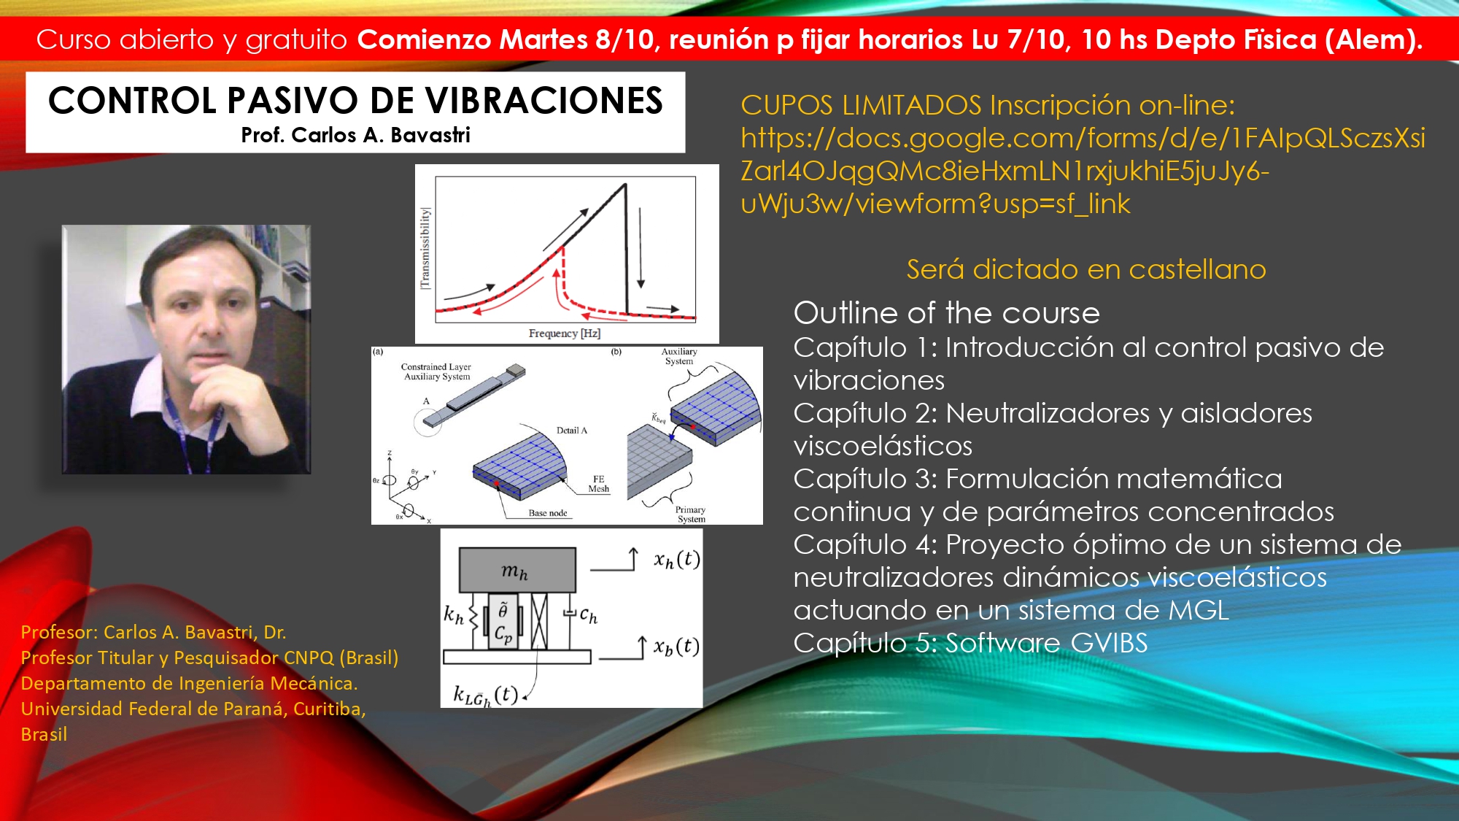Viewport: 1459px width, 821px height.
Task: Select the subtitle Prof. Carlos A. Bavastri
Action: coord(355,135)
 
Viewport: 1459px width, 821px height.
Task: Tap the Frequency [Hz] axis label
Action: coord(565,334)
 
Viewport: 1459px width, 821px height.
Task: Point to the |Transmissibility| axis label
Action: coord(425,248)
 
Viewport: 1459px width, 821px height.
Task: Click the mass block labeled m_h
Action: coord(517,570)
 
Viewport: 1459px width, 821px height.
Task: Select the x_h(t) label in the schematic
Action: coord(677,560)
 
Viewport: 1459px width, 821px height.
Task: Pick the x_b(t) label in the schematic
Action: coord(676,647)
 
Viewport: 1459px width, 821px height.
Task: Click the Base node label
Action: coord(548,513)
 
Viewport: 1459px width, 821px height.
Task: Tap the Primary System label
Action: coord(690,514)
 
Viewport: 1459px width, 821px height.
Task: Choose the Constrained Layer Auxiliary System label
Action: coord(436,371)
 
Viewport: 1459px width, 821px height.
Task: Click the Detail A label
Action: coord(572,431)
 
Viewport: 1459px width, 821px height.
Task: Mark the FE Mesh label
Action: coord(599,484)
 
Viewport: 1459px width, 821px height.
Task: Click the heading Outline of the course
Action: coord(946,313)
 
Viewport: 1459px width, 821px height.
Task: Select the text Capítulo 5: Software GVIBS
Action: coord(970,643)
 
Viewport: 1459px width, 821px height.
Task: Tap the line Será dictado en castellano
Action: coord(1086,269)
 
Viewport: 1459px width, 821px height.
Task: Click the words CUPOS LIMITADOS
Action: coord(861,106)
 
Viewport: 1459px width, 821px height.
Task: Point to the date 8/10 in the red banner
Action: coord(624,39)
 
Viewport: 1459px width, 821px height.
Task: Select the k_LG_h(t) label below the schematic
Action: coord(486,695)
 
